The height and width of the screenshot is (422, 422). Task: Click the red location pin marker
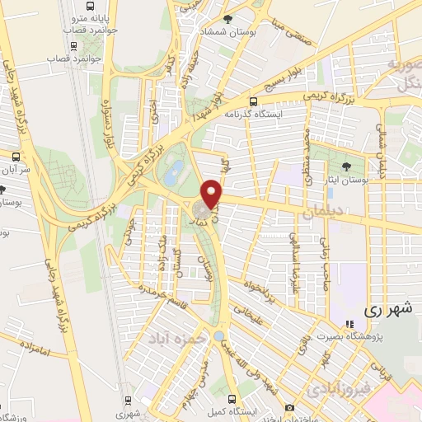[x=213, y=194]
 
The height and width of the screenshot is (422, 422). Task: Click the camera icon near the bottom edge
[x=288, y=408]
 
